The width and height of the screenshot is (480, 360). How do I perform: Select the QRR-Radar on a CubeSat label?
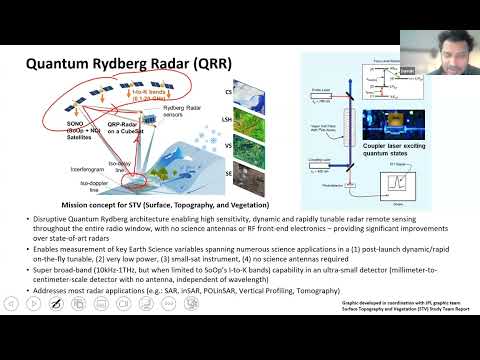[127, 129]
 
